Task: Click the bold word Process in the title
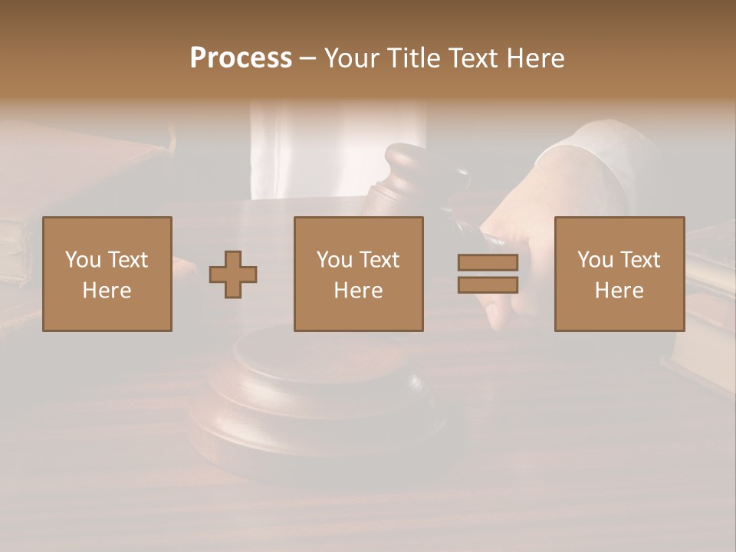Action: tap(241, 58)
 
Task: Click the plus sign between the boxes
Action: tap(233, 274)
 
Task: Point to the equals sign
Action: tap(488, 274)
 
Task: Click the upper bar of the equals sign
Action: tap(488, 262)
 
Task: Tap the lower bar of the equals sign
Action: tap(488, 285)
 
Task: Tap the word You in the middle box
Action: tap(334, 260)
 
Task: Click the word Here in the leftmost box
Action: tap(107, 291)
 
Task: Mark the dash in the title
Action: tap(308, 58)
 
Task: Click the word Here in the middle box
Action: tap(358, 291)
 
